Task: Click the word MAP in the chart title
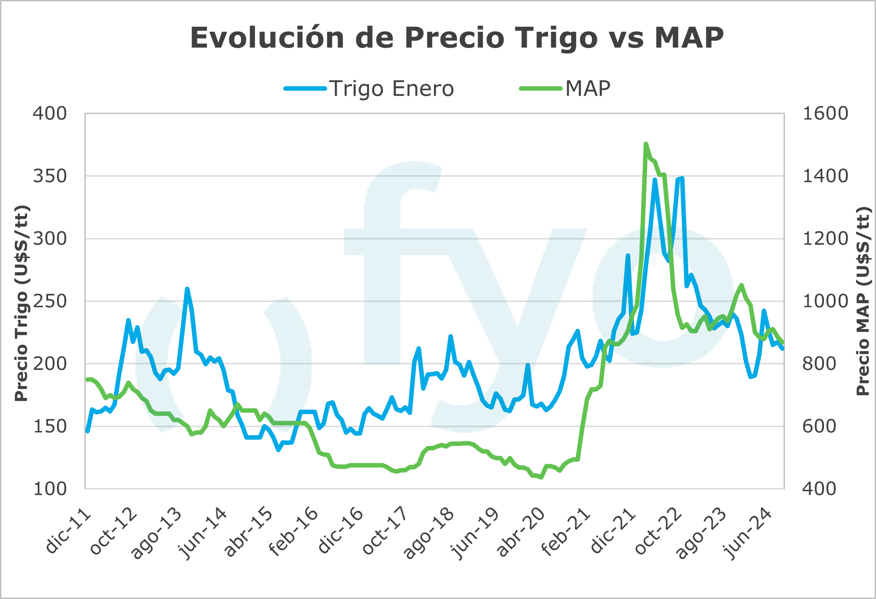(x=689, y=38)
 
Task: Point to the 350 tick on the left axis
(x=50, y=176)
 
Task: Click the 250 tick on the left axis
(x=50, y=301)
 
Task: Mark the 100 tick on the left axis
(x=50, y=489)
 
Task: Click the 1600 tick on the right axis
(x=825, y=114)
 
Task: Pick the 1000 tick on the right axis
(x=825, y=301)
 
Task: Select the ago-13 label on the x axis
(x=156, y=534)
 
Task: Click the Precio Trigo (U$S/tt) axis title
(x=21, y=303)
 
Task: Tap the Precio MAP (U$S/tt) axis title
(x=863, y=301)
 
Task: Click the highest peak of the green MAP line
(x=646, y=144)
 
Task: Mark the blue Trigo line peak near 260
(x=187, y=289)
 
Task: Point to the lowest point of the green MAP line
(x=541, y=477)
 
